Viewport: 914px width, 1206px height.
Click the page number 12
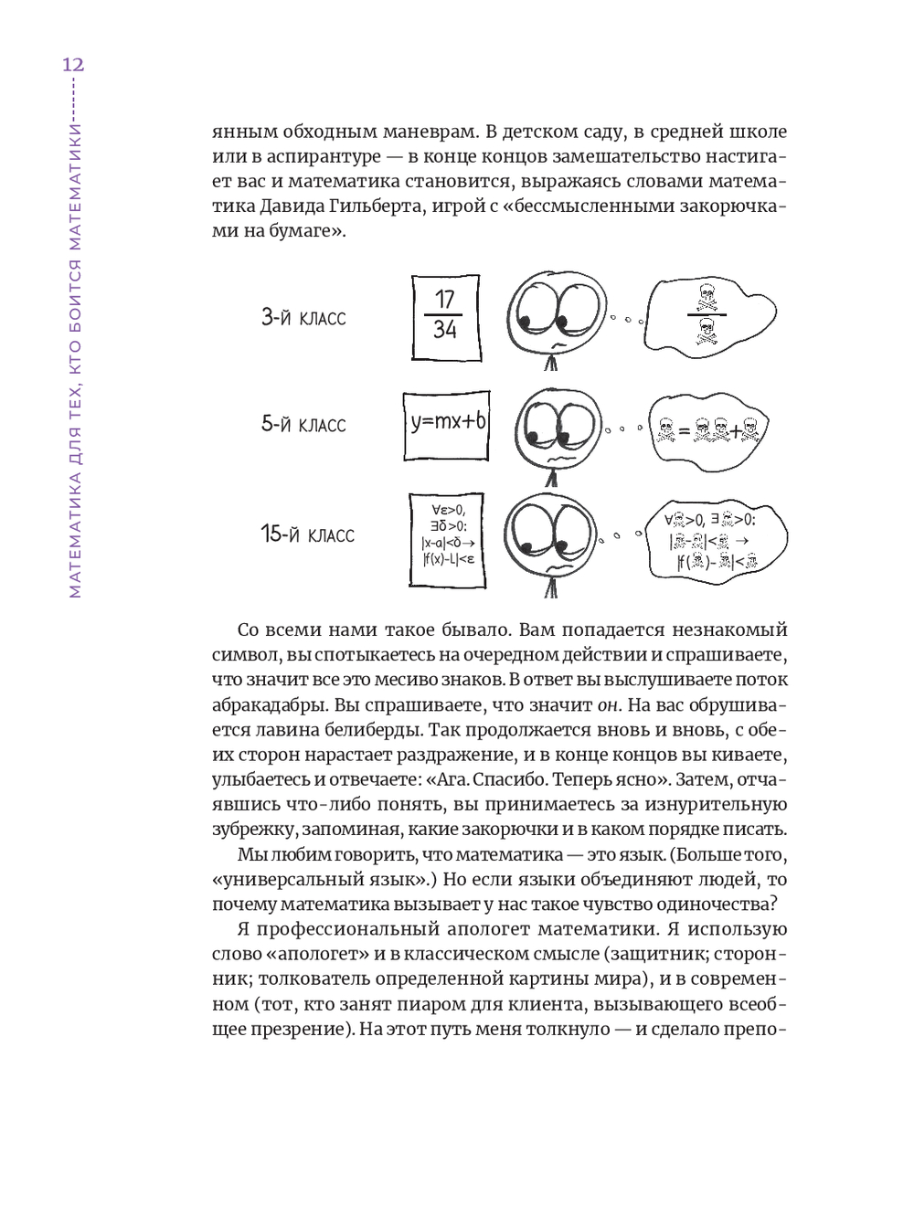[72, 65]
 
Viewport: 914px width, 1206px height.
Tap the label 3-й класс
[303, 318]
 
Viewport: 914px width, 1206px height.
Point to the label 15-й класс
[307, 534]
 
